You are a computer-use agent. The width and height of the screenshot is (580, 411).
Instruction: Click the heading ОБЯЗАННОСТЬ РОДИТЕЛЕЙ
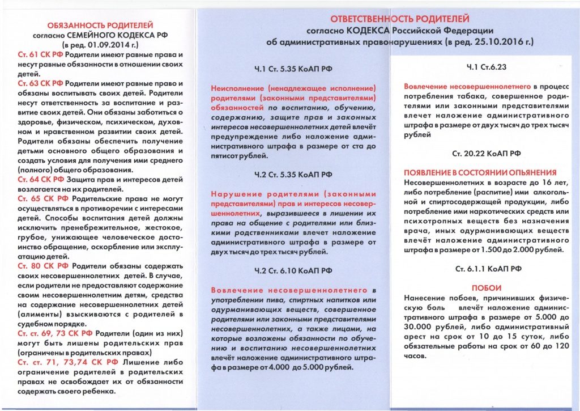point(100,26)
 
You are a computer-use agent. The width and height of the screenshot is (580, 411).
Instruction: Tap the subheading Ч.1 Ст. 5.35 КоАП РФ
point(293,70)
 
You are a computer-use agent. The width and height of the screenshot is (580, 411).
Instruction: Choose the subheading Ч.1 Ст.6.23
point(486,67)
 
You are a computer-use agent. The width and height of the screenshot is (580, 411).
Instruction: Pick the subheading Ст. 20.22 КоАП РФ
point(486,153)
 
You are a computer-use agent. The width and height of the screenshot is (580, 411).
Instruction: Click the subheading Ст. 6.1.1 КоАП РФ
point(486,268)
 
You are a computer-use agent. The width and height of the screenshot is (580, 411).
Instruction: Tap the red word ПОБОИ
point(486,287)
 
